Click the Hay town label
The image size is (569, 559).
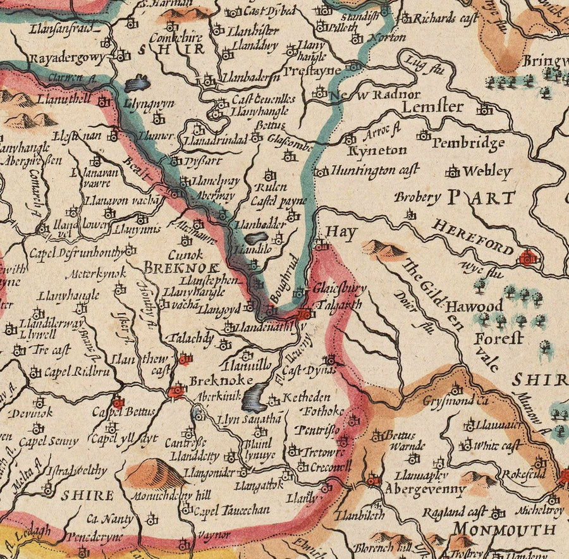click(341, 232)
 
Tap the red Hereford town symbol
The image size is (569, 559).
click(527, 257)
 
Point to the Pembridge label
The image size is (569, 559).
click(468, 143)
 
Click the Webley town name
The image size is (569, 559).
click(486, 171)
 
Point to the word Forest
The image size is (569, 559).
click(499, 338)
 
